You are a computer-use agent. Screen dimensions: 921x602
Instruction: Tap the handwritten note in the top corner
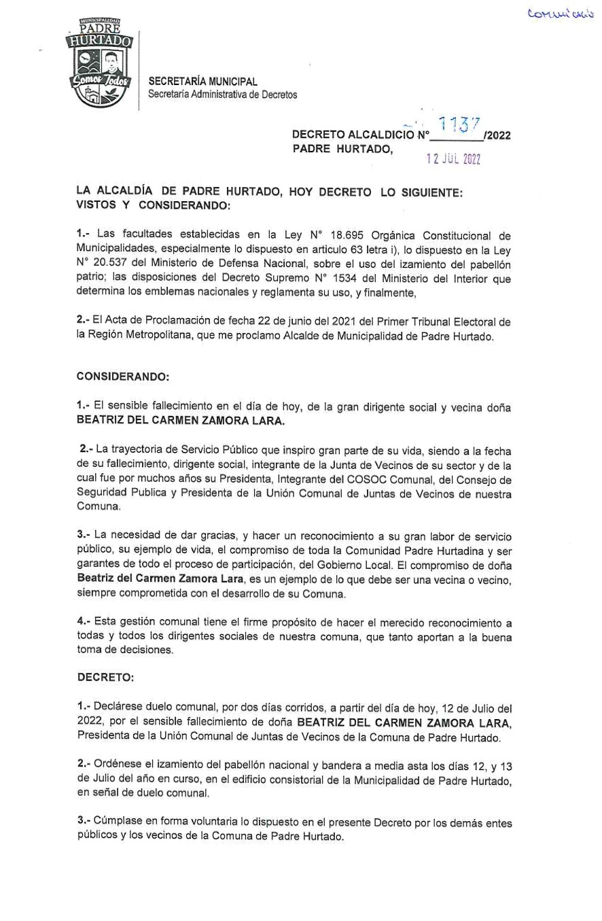[561, 13]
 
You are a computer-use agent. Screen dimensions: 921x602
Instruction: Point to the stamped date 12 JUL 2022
[453, 159]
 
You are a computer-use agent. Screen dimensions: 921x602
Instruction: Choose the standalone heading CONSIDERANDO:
[123, 375]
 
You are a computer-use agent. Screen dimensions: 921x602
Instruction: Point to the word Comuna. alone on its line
[99, 507]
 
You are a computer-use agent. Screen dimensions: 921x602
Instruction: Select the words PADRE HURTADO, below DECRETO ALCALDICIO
[342, 149]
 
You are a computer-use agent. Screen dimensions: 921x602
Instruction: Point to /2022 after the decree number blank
[497, 135]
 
